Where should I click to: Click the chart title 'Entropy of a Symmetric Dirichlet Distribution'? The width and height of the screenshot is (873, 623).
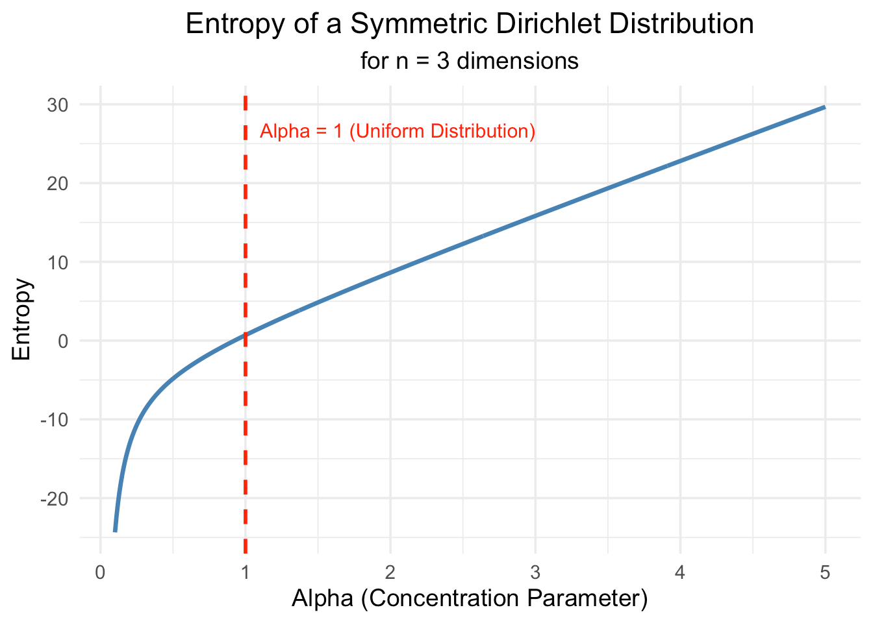(x=470, y=25)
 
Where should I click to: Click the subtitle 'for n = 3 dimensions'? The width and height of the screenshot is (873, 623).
(x=470, y=62)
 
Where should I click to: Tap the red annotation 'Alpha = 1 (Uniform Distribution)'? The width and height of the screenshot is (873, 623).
(x=398, y=132)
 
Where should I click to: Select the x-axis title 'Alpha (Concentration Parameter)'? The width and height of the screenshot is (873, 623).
(x=470, y=598)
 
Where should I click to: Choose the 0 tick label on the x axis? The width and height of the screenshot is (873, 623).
(x=100, y=573)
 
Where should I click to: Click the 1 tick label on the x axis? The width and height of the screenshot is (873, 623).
(x=246, y=573)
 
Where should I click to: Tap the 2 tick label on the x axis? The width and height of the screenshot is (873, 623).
(x=390, y=573)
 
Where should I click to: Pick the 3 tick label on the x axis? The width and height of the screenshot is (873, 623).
(x=535, y=573)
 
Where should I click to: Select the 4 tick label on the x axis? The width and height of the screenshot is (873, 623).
(x=680, y=573)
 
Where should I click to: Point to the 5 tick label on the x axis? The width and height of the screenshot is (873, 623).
(x=825, y=573)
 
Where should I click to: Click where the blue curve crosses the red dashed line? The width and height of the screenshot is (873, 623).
(x=246, y=335)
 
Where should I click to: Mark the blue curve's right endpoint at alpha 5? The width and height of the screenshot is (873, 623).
(x=825, y=107)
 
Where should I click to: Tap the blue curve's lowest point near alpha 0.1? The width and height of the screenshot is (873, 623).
(x=115, y=531)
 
